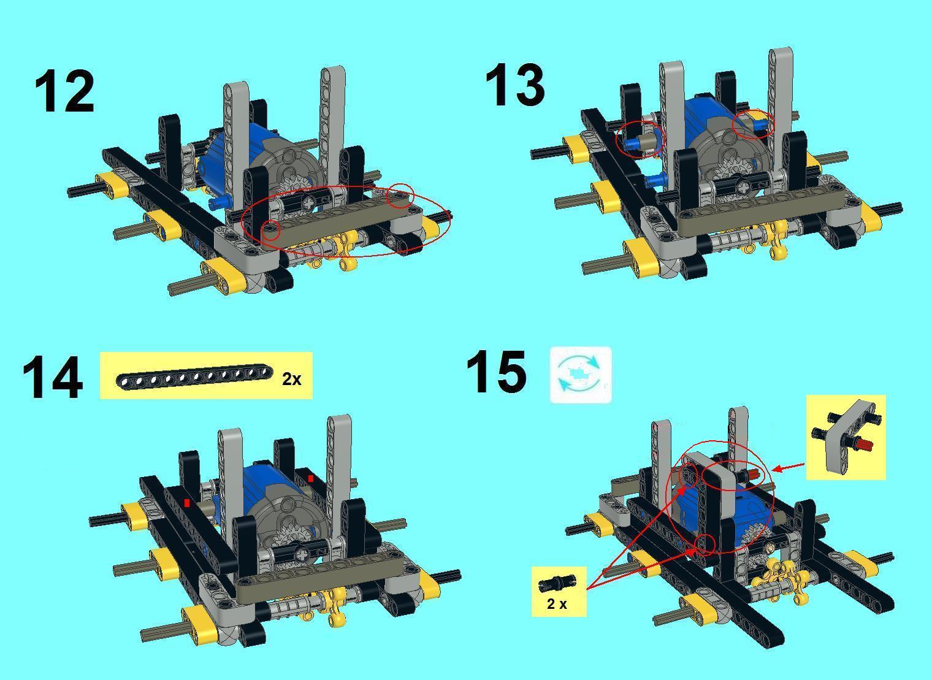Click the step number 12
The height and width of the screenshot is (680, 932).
64,91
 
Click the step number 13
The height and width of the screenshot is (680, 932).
515,85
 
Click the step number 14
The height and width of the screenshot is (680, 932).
53,378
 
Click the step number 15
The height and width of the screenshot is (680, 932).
496,372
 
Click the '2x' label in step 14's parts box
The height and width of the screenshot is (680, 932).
291,379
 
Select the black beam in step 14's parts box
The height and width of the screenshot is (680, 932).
195,377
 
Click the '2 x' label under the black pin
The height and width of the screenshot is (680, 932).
557,604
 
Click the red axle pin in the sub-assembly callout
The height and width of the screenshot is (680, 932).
865,445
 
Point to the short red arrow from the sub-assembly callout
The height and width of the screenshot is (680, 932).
789,467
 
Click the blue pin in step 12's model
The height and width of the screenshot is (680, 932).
221,203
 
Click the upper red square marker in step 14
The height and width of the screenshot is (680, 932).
310,478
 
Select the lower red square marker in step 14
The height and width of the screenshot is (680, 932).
187,503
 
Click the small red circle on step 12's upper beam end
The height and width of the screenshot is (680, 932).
400,195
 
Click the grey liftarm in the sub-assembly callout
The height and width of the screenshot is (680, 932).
845,437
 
